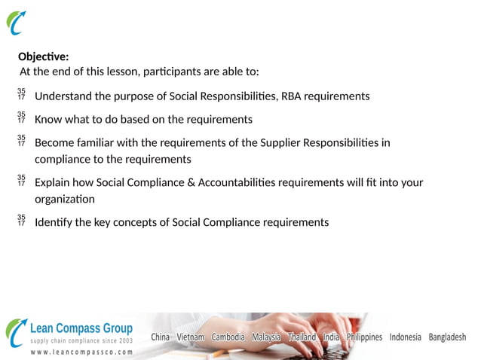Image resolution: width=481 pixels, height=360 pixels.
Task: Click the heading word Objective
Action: click(x=43, y=56)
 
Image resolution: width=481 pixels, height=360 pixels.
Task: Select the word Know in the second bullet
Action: click(x=49, y=120)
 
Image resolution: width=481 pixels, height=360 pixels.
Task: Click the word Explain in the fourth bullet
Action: click(x=54, y=183)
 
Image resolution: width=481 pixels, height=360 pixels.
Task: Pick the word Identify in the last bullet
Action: click(x=54, y=222)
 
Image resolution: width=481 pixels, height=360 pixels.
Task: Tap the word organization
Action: click(x=65, y=200)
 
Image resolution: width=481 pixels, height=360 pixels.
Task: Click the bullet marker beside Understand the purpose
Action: click(x=21, y=95)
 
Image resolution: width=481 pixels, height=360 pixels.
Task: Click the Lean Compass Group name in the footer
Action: click(x=81, y=328)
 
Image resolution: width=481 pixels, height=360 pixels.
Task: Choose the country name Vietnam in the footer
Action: click(x=190, y=337)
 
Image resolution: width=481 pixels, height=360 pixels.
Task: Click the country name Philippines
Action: click(x=364, y=337)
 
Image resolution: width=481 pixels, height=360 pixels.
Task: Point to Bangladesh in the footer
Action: click(x=447, y=337)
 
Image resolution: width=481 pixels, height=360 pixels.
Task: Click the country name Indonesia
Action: click(x=405, y=337)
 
